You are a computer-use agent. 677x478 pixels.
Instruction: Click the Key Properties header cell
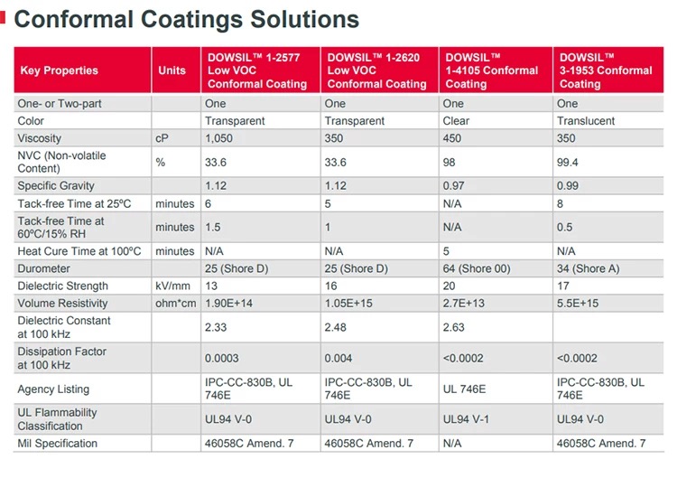[x=59, y=70]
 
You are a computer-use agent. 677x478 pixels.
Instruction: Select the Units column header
[x=172, y=70]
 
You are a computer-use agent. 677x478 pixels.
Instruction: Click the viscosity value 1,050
[x=219, y=137]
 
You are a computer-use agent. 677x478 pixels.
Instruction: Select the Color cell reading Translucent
[x=586, y=120]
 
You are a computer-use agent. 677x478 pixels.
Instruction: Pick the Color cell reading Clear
[x=456, y=120]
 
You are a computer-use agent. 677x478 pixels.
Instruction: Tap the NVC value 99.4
[x=568, y=162]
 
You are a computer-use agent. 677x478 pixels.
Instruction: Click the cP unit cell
[x=162, y=137]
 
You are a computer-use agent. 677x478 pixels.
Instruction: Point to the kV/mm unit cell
[x=171, y=286]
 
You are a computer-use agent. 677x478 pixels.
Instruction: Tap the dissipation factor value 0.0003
[x=222, y=359]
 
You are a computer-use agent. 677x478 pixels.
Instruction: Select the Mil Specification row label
[x=57, y=444]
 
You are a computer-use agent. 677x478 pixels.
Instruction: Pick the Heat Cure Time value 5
[x=447, y=251]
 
